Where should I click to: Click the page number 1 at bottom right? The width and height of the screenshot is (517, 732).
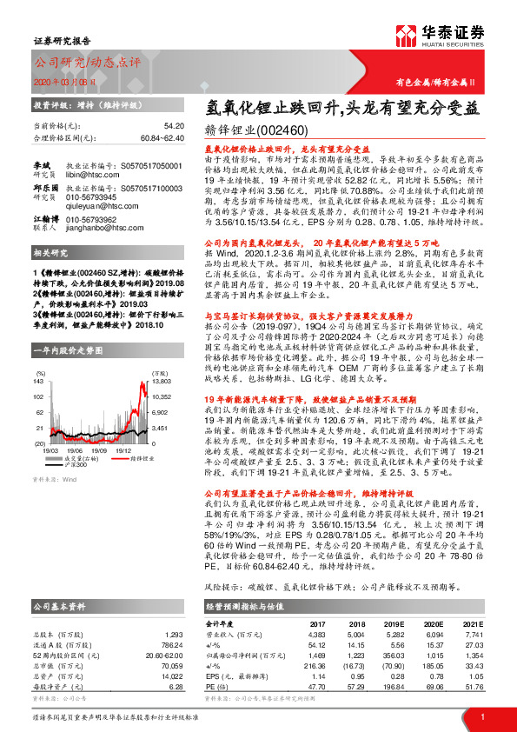(x=482, y=716)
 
